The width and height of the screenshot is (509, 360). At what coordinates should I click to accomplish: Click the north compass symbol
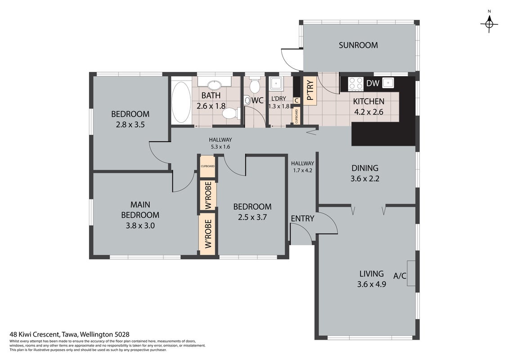pyautogui.click(x=489, y=23)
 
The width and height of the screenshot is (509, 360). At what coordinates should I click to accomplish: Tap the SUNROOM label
pyautogui.click(x=358, y=45)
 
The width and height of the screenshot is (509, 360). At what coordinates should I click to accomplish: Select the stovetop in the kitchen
pyautogui.click(x=356, y=83)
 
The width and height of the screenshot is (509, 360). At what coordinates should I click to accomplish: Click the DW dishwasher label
pyautogui.click(x=373, y=83)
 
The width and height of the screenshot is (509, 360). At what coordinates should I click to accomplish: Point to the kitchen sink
pyautogui.click(x=388, y=83)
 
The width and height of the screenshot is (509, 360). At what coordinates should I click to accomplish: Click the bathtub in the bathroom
pyautogui.click(x=181, y=102)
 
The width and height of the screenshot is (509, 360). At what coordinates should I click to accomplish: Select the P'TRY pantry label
pyautogui.click(x=310, y=90)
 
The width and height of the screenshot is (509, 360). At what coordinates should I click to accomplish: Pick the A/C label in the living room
pyautogui.click(x=400, y=276)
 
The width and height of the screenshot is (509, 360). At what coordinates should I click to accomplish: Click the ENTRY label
pyautogui.click(x=302, y=219)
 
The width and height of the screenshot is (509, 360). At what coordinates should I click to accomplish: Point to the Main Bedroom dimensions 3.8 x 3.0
pyautogui.click(x=140, y=225)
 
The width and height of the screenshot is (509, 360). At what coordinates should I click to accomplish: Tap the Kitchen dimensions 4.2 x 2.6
pyautogui.click(x=369, y=112)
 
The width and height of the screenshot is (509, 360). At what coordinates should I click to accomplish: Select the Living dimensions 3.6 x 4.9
pyautogui.click(x=371, y=284)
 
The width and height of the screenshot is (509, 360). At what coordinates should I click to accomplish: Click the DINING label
pyautogui.click(x=365, y=168)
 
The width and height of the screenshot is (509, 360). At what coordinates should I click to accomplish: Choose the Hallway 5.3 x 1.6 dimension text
pyautogui.click(x=221, y=147)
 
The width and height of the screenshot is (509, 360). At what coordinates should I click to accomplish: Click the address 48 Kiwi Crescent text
pyautogui.click(x=35, y=334)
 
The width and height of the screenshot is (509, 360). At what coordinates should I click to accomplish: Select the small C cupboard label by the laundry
pyautogui.click(x=297, y=101)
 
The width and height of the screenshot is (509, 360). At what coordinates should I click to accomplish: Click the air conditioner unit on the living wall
pyautogui.click(x=411, y=273)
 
